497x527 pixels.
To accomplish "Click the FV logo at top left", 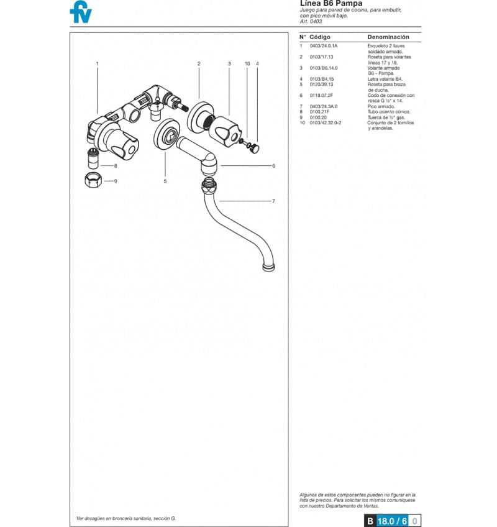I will (x=80, y=12).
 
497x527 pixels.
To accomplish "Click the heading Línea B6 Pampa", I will (x=331, y=4).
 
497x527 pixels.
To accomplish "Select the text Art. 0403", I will (x=311, y=22).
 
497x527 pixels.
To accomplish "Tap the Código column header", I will (x=320, y=37).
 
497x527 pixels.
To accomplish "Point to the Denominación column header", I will (x=388, y=37).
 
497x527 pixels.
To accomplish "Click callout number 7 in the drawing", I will (x=273, y=201).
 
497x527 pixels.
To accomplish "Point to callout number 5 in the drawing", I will (x=165, y=181).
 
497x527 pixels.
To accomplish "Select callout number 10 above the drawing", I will (x=247, y=63).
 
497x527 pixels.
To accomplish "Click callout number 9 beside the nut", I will (x=116, y=181).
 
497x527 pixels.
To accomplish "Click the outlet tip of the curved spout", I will (x=268, y=268).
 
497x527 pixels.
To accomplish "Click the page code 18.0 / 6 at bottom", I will (x=392, y=521).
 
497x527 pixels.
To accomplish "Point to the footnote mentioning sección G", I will (x=126, y=518).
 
